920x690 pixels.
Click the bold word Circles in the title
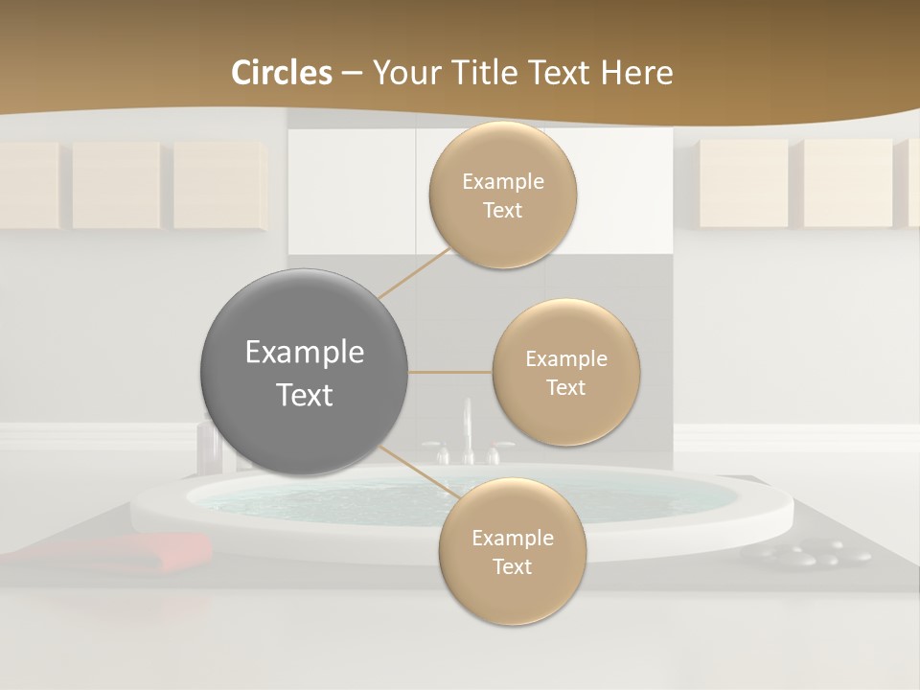click(281, 73)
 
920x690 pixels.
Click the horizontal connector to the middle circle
click(449, 372)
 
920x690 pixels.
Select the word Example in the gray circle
click(304, 353)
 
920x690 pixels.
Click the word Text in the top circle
click(502, 211)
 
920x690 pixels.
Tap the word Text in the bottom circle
click(512, 567)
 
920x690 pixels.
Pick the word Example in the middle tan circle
click(565, 359)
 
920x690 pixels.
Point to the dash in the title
click(352, 74)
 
